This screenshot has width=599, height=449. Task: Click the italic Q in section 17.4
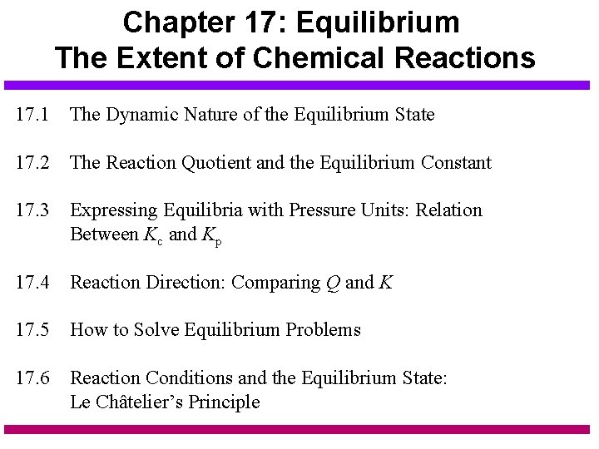coord(333,284)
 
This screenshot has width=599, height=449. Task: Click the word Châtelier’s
coord(141,402)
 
